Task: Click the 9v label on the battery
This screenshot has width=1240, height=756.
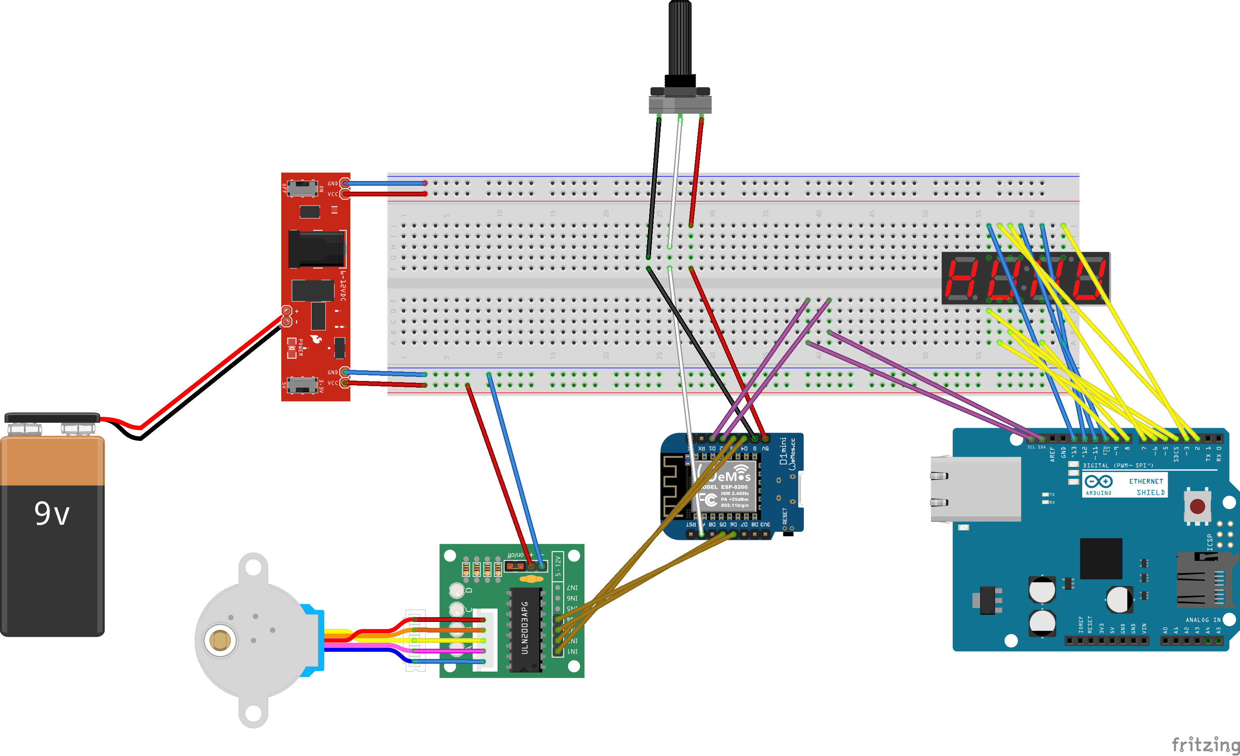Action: click(52, 513)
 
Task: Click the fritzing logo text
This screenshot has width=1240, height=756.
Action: click(1205, 743)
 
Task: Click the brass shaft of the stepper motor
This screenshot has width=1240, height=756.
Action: click(220, 641)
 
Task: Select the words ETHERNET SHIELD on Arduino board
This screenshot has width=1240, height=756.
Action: click(1147, 487)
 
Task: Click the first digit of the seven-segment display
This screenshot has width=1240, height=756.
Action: click(963, 278)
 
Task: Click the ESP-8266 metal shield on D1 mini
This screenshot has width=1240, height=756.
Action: click(727, 486)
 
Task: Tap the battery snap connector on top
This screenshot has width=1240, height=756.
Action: click(52, 418)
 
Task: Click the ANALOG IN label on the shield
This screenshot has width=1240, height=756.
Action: click(1203, 620)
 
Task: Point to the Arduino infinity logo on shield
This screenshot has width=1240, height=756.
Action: click(1098, 482)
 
